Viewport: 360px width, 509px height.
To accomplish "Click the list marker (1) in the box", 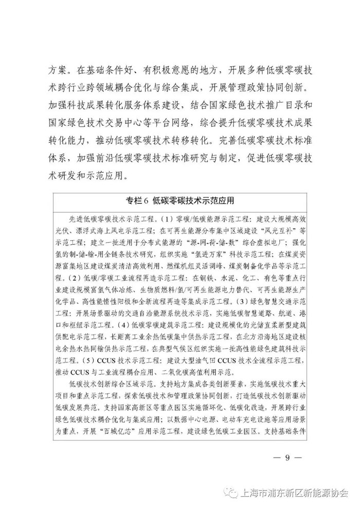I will point(165,219).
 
